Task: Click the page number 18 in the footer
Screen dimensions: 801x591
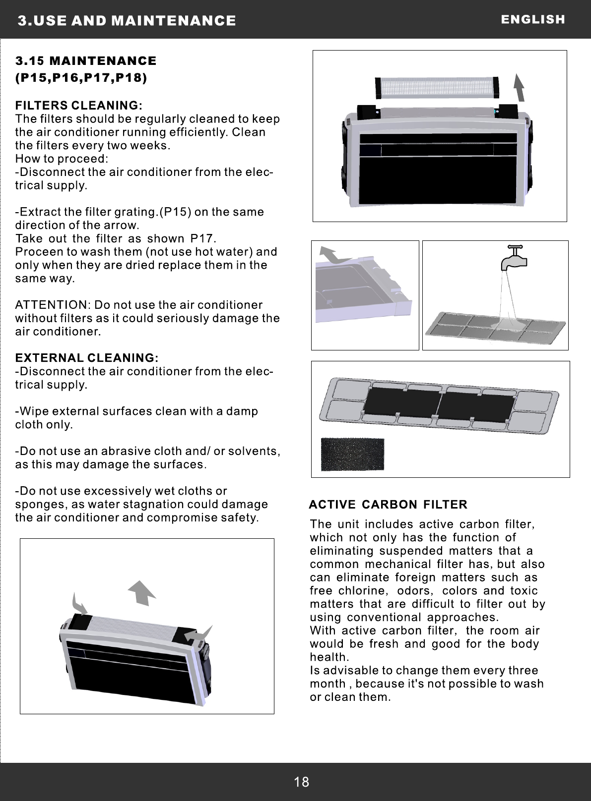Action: [x=301, y=782]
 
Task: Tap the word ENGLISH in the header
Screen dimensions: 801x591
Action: [x=533, y=19]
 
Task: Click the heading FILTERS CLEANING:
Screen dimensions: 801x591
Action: [x=79, y=106]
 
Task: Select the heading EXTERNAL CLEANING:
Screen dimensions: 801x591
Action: [x=87, y=358]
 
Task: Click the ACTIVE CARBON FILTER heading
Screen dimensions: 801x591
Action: [x=388, y=505]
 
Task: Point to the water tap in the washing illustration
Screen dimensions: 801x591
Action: [x=511, y=256]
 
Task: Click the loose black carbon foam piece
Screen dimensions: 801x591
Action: [x=352, y=454]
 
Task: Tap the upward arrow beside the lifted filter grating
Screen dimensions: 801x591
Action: [x=519, y=87]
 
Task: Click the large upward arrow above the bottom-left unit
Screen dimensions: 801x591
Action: [x=142, y=592]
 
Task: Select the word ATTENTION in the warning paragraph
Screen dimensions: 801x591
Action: [x=51, y=304]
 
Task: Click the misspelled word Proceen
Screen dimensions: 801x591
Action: [x=38, y=252]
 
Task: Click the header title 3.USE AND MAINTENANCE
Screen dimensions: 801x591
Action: [x=127, y=20]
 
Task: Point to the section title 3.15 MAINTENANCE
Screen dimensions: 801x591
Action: [x=86, y=61]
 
